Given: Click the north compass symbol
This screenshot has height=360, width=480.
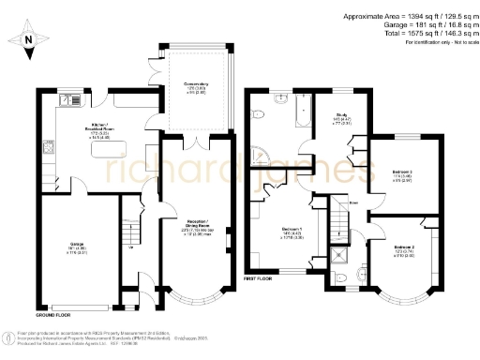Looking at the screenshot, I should point(27,40).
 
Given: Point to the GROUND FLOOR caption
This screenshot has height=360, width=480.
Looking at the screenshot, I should point(54,303).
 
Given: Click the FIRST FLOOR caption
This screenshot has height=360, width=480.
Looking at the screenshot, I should point(262,278).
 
